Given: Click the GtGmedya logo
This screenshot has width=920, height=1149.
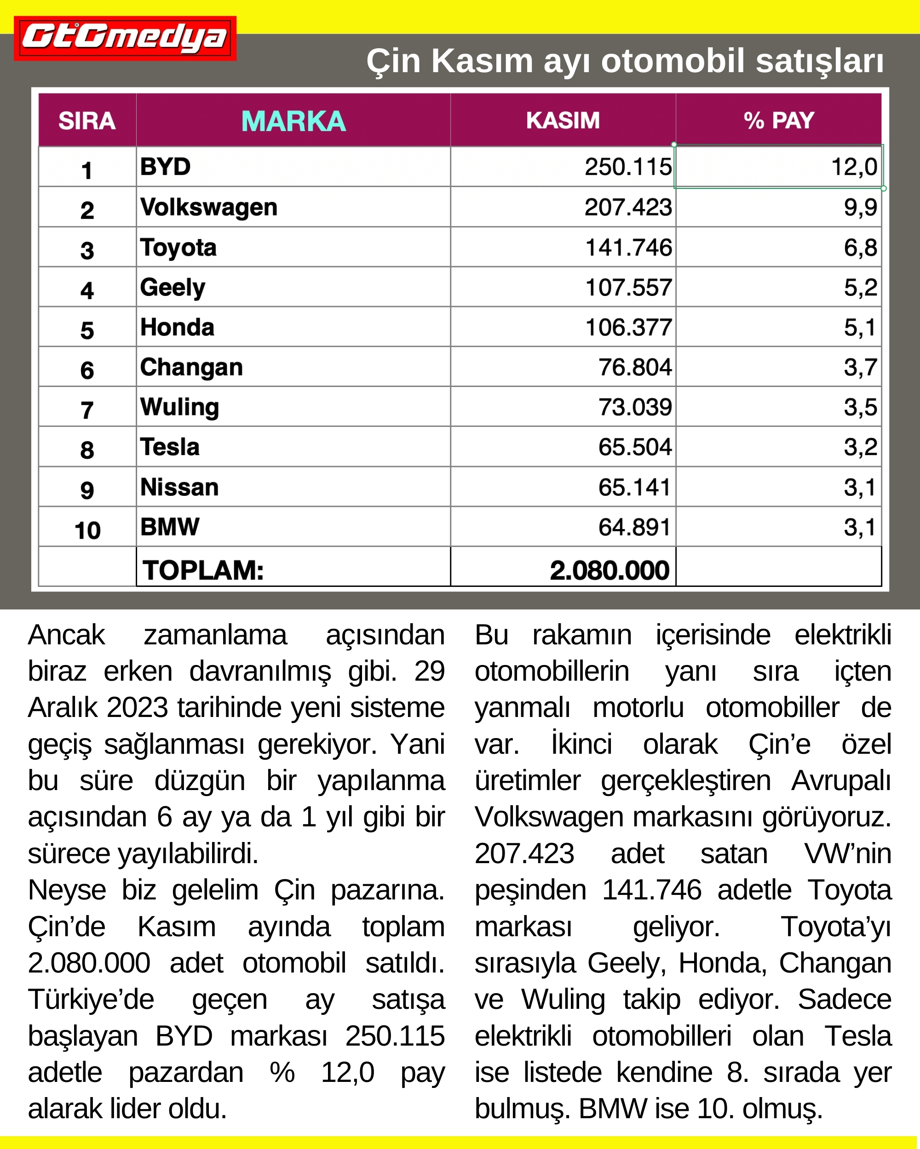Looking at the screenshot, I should [125, 38].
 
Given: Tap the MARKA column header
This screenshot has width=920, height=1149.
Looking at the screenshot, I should [293, 121].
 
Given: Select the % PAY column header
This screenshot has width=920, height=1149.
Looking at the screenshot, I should [778, 121].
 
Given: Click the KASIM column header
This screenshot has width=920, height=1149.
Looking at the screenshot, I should [563, 121].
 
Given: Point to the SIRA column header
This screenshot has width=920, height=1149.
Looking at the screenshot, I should [87, 121].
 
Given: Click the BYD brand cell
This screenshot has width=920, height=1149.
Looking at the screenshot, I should [165, 167].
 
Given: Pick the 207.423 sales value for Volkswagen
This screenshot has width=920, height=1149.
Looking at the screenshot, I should [628, 207].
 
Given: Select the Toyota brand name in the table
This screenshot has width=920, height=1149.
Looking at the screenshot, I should [178, 247].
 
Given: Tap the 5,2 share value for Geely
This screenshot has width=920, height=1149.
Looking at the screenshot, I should [860, 288].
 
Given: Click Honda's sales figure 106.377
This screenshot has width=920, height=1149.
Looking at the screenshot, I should [628, 327].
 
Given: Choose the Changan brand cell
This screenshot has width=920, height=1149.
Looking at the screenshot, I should [191, 367].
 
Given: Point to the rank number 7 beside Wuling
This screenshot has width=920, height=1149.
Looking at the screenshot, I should [87, 410].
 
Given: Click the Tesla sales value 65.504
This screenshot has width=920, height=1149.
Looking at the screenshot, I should [634, 447].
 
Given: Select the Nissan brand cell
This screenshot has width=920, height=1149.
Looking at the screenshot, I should [179, 487].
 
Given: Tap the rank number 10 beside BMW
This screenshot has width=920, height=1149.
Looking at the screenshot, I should [87, 530].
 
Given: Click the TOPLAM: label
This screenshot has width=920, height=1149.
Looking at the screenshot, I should [203, 570].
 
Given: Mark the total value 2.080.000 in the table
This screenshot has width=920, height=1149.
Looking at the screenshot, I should [609, 570].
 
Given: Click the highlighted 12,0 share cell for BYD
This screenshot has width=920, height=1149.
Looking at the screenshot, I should [853, 167].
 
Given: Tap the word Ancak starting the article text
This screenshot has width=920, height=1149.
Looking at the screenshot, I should [67, 635].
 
